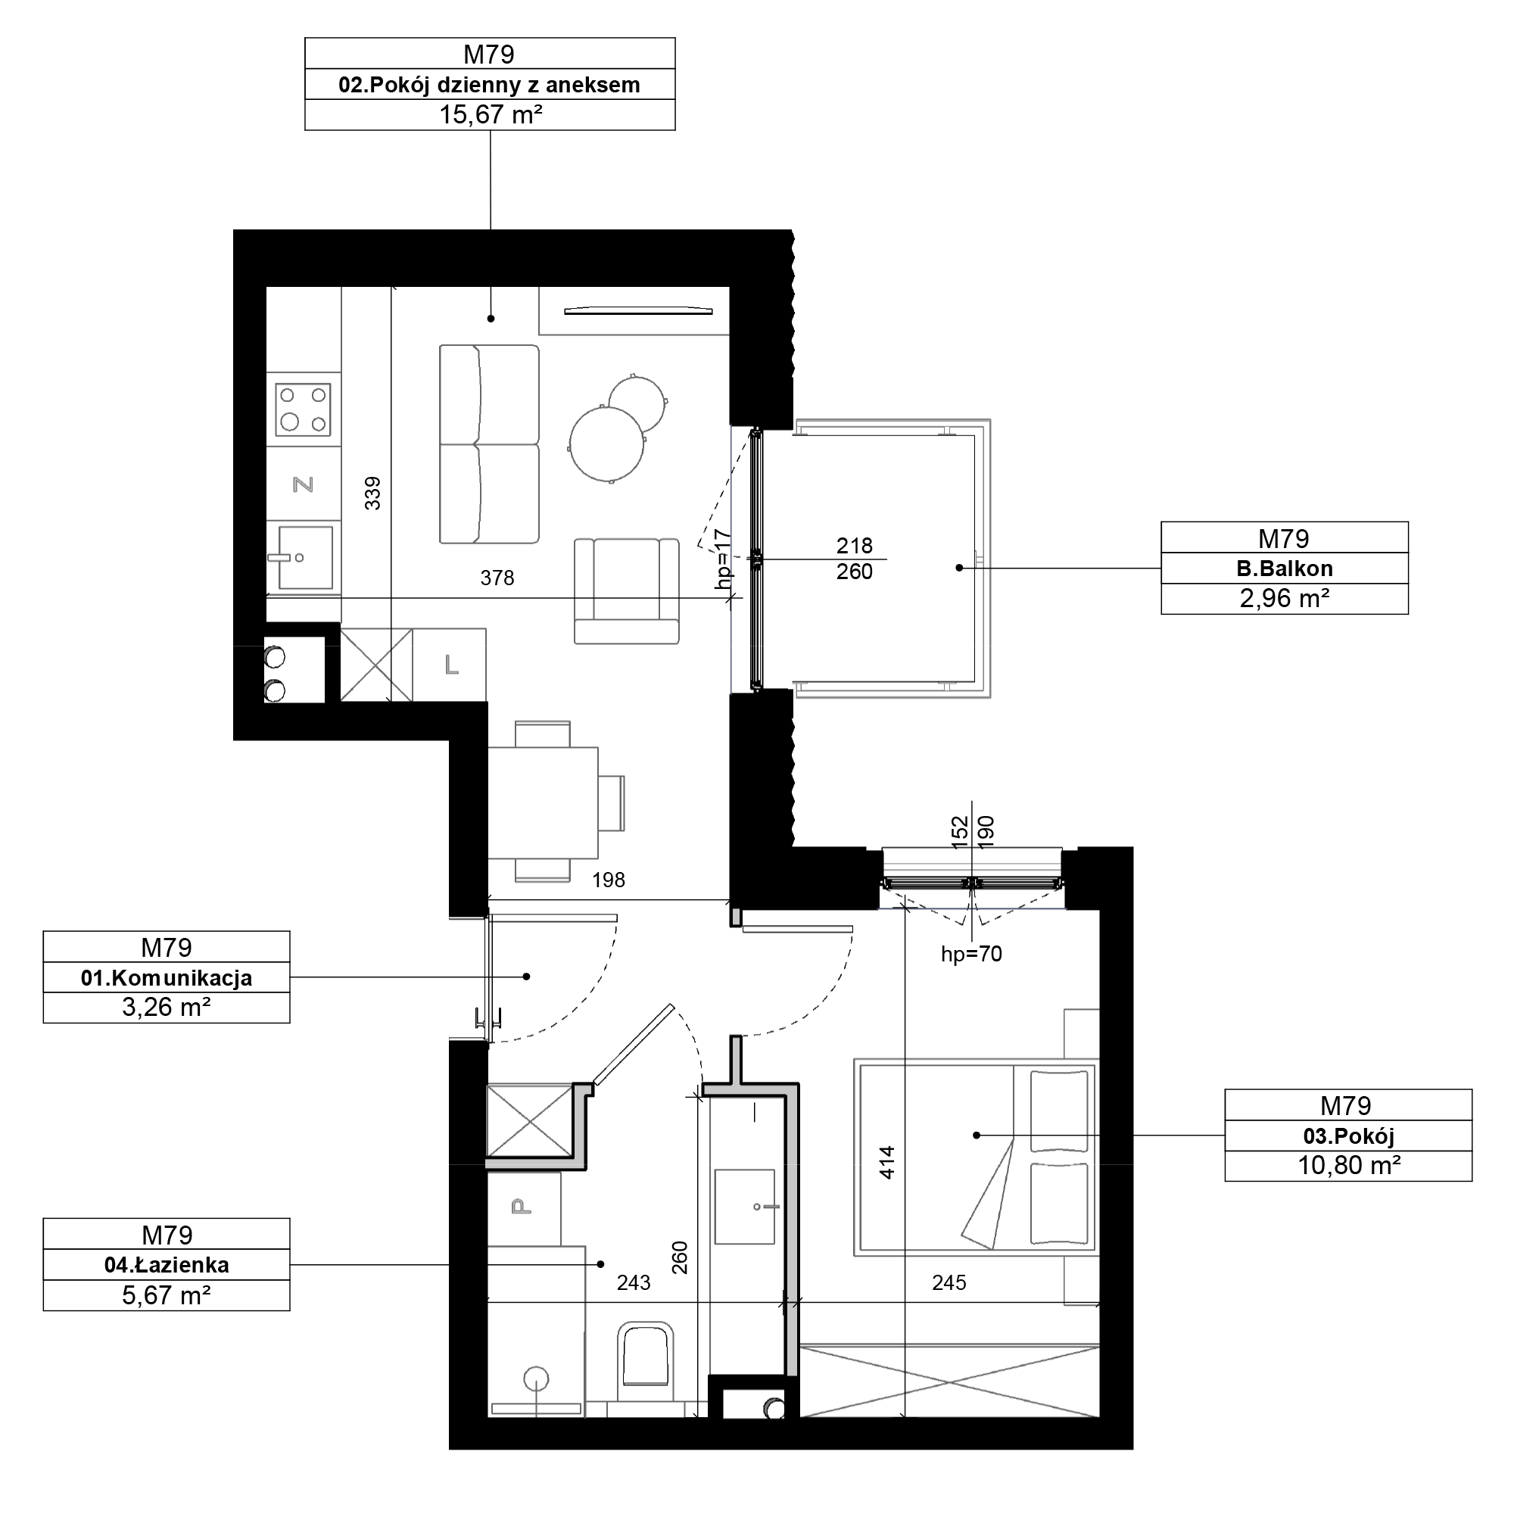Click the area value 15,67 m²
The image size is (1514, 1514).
click(x=491, y=114)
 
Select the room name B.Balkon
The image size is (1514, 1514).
click(x=1285, y=569)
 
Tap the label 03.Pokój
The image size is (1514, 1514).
click(x=1349, y=1135)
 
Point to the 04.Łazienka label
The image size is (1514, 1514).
click(x=167, y=1265)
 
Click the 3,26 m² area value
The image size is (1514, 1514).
click(x=166, y=1007)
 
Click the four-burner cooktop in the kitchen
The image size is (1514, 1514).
click(x=304, y=409)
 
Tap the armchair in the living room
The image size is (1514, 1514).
click(x=626, y=591)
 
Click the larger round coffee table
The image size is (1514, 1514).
click(x=606, y=444)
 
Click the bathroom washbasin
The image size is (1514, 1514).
click(x=745, y=1207)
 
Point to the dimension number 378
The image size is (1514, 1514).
click(x=497, y=578)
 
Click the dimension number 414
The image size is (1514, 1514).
click(x=887, y=1163)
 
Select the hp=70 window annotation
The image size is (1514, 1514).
click(x=972, y=954)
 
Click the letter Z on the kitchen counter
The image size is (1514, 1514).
click(x=304, y=485)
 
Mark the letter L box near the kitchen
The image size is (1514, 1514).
click(x=450, y=665)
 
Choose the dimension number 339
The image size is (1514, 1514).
click(x=373, y=494)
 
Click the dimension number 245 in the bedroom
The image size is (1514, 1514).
click(x=949, y=1283)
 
